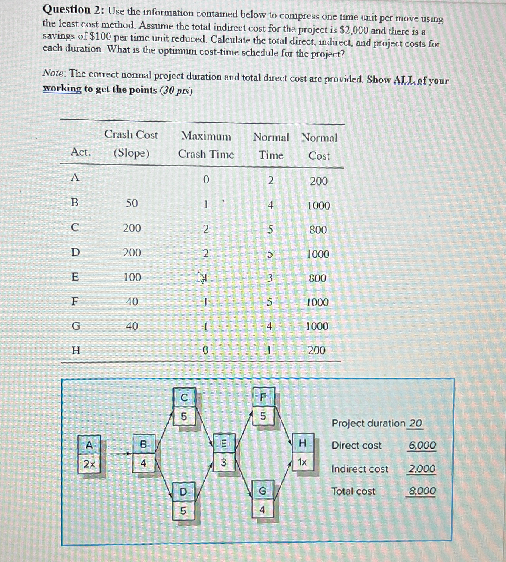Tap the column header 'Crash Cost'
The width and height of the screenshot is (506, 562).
tap(131, 135)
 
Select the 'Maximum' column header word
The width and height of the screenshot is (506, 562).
tap(206, 136)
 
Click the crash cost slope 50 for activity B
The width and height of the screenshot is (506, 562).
tap(132, 203)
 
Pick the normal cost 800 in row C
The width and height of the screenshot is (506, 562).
tap(318, 230)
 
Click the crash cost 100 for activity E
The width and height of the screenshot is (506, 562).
tap(132, 277)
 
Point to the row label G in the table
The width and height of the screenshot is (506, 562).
tap(76, 326)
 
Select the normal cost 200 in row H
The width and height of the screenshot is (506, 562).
tap(316, 350)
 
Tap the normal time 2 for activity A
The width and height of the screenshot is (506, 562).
tap(270, 180)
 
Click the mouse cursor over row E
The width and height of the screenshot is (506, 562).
tap(202, 278)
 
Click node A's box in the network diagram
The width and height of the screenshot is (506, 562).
tap(89, 445)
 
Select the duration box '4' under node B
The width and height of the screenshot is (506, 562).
tap(143, 463)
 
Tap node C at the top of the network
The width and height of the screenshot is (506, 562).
tap(184, 398)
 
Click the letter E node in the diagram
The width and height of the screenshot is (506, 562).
tap(224, 443)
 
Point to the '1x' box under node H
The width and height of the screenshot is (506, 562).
tap(302, 462)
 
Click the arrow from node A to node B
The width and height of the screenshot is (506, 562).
tap(116, 454)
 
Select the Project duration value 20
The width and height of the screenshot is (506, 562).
tap(415, 423)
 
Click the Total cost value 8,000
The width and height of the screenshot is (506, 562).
tap(422, 491)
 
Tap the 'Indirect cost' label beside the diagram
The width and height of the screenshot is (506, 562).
tap(359, 469)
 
